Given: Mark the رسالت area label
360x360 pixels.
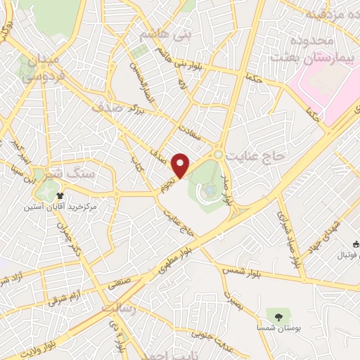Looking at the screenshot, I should coord(117,309).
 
